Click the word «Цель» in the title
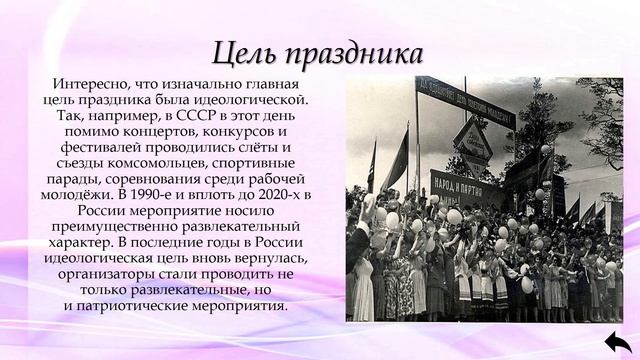(x=248, y=52)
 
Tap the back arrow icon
(x=616, y=340)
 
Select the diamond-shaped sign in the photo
(x=472, y=140)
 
